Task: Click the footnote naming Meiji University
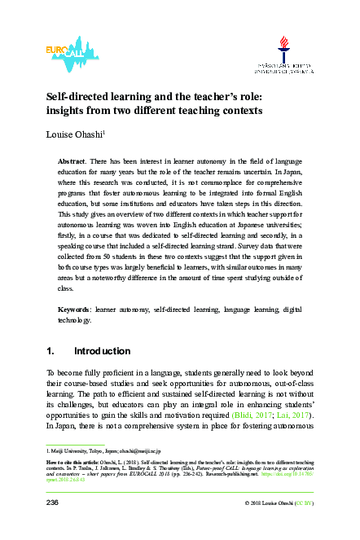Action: pyautogui.click(x=90, y=450)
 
